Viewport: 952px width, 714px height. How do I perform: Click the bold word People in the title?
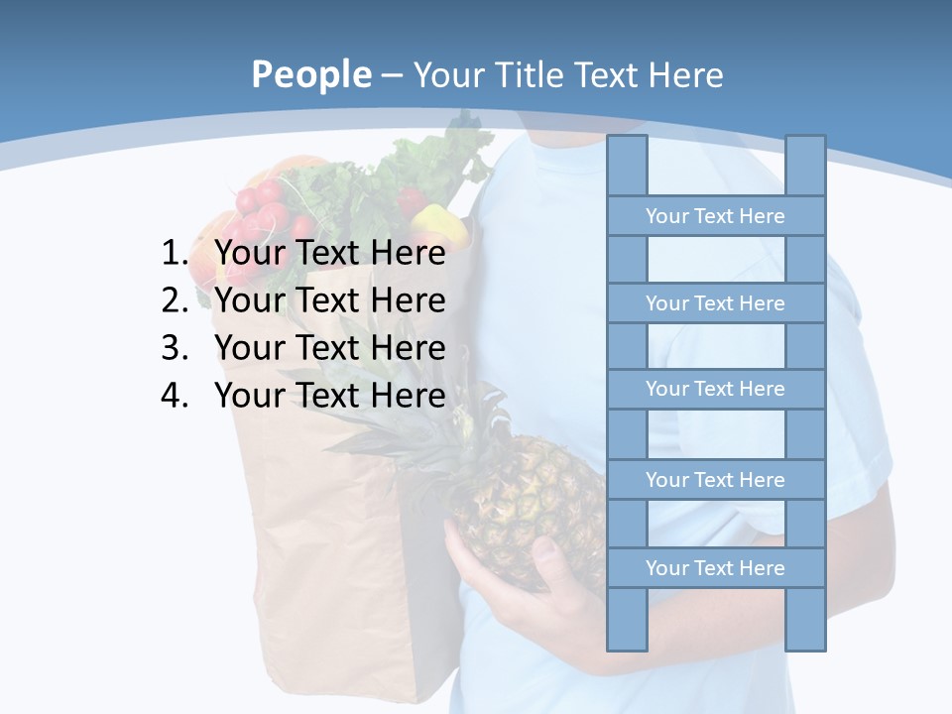(310, 74)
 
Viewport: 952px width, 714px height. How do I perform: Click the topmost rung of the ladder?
(715, 216)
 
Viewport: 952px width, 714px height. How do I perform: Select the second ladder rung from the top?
(715, 303)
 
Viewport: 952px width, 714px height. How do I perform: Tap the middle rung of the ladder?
(715, 389)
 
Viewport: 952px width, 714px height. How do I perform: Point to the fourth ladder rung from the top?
(715, 480)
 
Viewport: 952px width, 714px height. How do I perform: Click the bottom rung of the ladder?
(715, 568)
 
